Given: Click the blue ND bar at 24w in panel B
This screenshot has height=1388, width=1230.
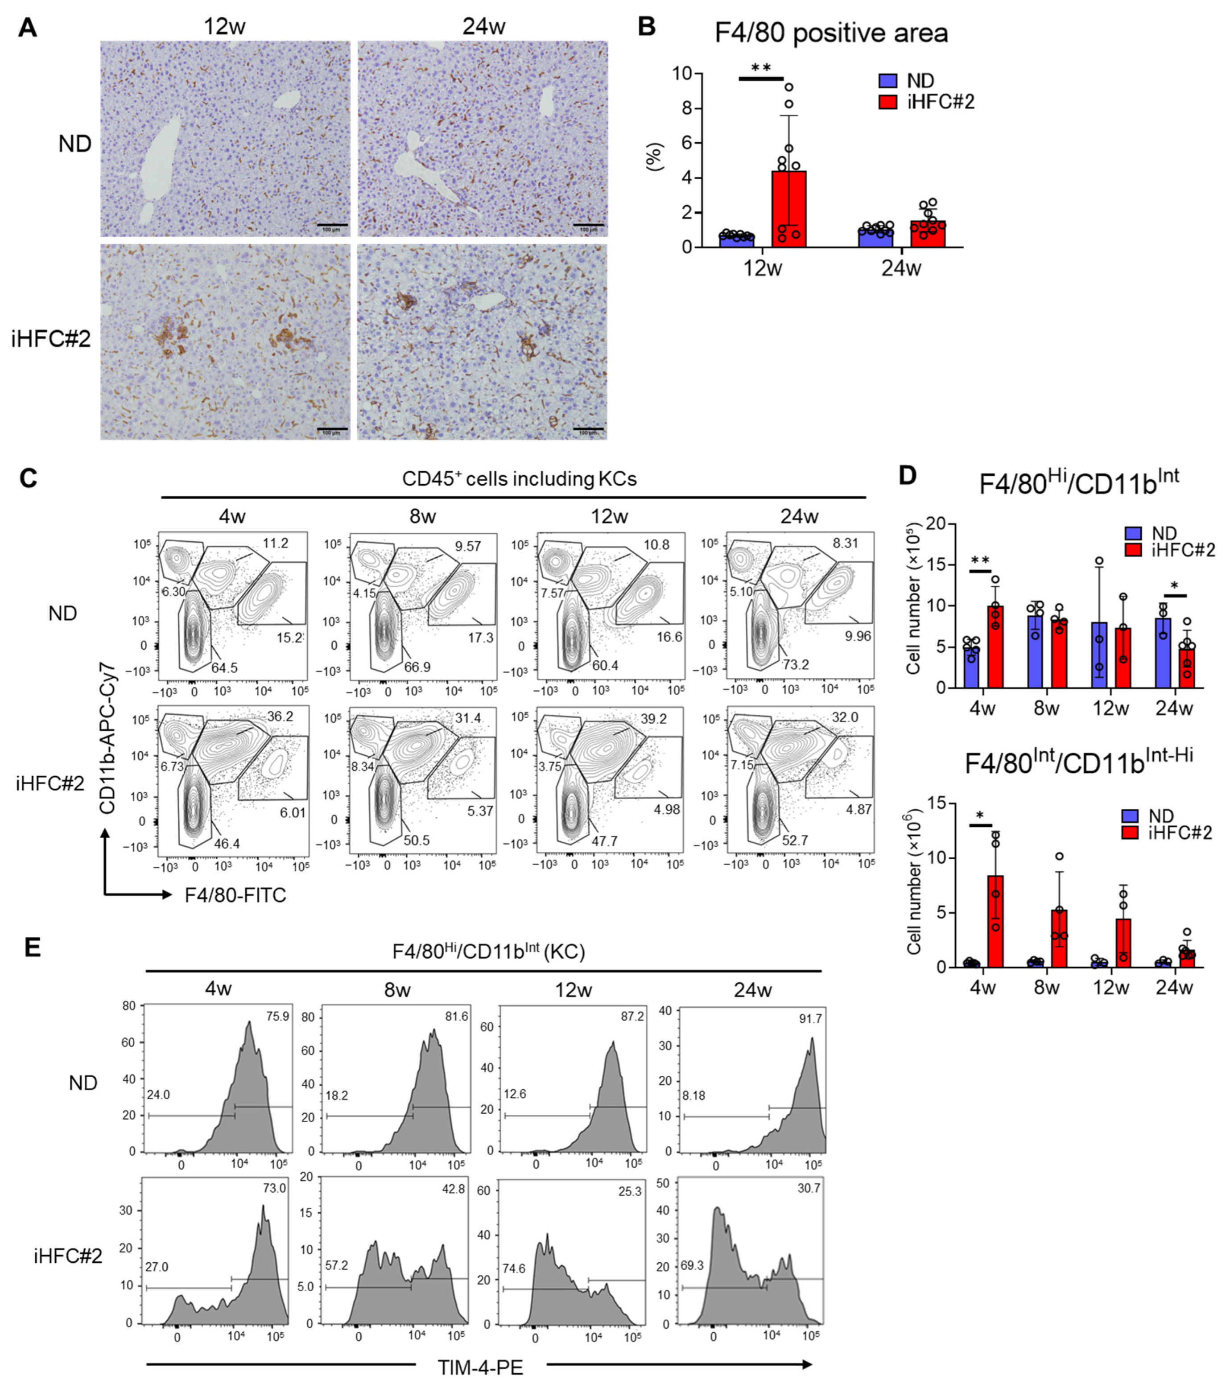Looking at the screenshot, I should [875, 239].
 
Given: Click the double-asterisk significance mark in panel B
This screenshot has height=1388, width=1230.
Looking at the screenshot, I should [761, 68].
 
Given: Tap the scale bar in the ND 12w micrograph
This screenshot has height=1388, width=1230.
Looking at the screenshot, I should [332, 225].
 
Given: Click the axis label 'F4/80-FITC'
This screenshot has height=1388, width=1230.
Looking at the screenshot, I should [235, 895].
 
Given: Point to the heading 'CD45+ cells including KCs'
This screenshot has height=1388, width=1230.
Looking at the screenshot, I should [519, 479].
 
